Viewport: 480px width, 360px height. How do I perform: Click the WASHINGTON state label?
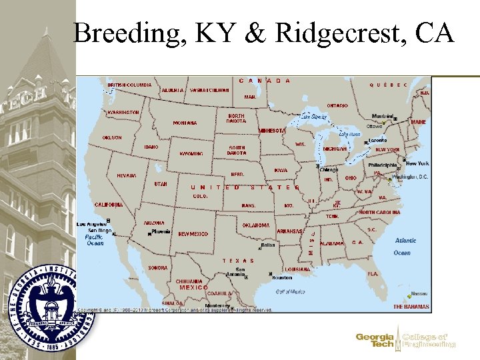point(123,113)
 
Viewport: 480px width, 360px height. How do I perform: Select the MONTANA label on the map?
point(185,123)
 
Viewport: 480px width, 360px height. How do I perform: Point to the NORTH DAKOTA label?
point(236,118)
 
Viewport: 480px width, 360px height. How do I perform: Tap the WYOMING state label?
point(191,153)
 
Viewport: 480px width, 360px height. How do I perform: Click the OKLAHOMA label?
point(256,225)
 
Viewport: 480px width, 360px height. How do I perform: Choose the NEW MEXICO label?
point(193,234)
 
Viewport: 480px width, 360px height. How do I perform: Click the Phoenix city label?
point(161,231)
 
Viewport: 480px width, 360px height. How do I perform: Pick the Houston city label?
point(282,277)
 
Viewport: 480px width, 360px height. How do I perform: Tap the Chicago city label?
point(329,169)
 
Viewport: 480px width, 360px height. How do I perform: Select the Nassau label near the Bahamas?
point(419,293)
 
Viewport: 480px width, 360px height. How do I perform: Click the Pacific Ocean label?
point(94,240)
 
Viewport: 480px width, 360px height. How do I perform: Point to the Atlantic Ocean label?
point(405,246)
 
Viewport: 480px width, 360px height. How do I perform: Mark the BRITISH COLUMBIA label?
point(129,85)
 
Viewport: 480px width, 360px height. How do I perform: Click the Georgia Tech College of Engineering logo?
point(405,340)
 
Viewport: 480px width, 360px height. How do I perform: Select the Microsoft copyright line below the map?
point(175,310)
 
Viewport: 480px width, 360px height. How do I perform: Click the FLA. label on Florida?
point(373,274)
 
